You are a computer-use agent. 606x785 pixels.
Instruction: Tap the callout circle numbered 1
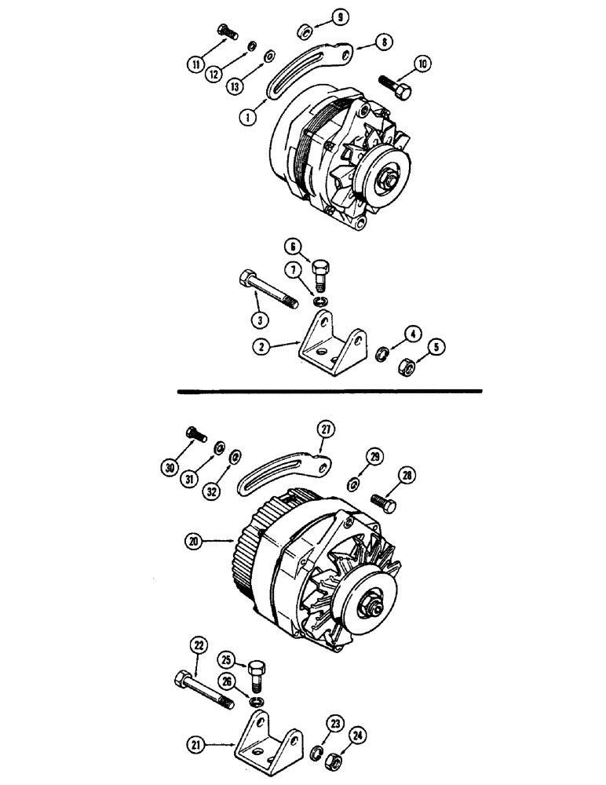point(249,116)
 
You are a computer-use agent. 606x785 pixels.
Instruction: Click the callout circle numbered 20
point(193,540)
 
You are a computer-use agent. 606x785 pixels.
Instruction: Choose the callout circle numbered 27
point(325,428)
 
